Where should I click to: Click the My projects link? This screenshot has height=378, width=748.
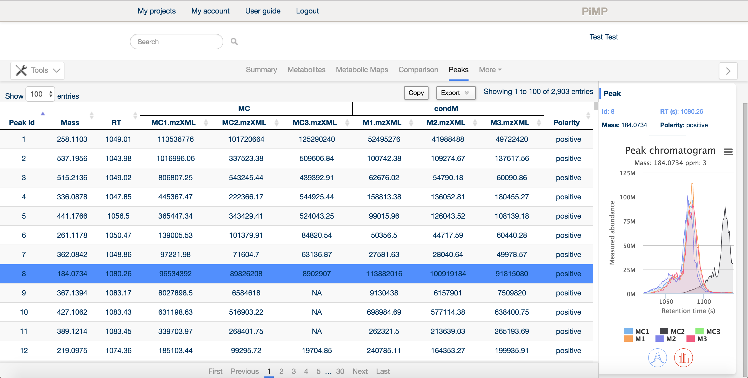(157, 11)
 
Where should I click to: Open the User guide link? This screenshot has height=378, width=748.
(263, 11)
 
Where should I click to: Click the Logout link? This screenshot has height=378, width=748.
(307, 11)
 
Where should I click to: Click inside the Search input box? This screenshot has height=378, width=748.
(176, 42)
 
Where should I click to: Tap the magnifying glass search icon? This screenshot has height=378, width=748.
(234, 42)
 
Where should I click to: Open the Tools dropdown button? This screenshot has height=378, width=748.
(37, 70)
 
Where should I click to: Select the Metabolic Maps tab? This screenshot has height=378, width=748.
(362, 70)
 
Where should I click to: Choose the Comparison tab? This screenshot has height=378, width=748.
(418, 70)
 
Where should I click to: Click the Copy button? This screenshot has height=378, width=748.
(416, 93)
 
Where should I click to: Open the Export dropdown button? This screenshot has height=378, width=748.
(456, 93)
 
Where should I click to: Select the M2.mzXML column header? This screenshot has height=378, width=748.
(446, 123)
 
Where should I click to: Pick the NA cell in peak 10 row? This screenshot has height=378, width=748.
(317, 312)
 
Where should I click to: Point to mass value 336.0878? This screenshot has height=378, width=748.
(72, 197)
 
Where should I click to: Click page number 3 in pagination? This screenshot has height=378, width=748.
(293, 371)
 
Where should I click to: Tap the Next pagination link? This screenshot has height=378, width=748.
(360, 371)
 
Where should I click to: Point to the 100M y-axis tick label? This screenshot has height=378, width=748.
(627, 197)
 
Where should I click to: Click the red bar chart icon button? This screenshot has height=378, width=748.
(683, 358)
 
